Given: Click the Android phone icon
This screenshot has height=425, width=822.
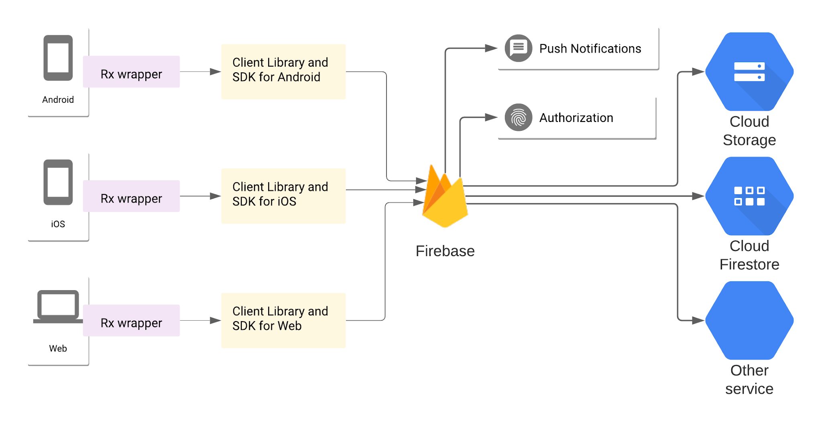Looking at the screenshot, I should coord(58,58).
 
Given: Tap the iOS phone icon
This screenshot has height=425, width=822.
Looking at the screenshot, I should coord(58,183).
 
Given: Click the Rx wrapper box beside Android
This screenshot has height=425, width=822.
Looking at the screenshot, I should coord(131,72).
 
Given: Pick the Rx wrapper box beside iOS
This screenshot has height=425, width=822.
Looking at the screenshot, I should coord(131,196).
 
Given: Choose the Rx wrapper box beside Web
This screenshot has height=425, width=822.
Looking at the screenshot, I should coord(131,321).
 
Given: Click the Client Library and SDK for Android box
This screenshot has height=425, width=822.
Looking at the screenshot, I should coord(283,72).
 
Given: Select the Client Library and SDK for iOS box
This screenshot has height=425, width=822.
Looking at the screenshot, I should coord(283,196).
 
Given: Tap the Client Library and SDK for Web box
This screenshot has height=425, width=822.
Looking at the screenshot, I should coord(283,321).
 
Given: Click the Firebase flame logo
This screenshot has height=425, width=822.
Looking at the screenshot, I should coord(445,199).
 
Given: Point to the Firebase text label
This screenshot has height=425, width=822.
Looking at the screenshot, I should coord(445,251).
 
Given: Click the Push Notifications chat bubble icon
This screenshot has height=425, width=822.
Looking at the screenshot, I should coord(518,48).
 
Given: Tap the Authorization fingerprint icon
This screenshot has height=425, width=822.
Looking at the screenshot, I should coord(518,118).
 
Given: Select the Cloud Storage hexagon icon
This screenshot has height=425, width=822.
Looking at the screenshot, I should coord(749,72).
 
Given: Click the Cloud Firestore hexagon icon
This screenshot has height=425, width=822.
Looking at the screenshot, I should coord(749,196).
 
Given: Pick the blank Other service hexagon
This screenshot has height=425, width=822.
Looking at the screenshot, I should coord(749,321).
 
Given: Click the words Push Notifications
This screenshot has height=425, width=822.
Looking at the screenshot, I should coord(590,49).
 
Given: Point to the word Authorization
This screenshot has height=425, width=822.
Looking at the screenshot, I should coord(576,118).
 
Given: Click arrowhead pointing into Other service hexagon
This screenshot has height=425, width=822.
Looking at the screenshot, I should coord(698,321).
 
